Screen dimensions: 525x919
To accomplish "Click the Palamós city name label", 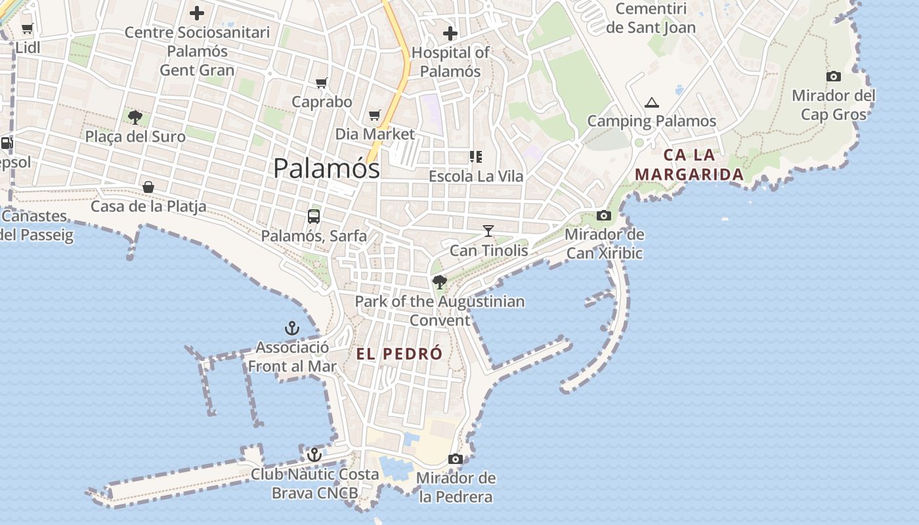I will (x=326, y=169).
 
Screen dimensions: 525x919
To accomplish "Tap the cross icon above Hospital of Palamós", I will (x=450, y=33).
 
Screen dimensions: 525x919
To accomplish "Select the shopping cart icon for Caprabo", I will (x=322, y=83).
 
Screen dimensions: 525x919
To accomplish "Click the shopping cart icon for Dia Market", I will (x=375, y=115).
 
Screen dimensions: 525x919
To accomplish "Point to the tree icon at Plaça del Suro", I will (x=135, y=117).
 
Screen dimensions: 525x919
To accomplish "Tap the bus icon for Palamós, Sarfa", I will (x=314, y=217).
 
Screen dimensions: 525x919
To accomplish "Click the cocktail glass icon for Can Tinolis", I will (x=488, y=231).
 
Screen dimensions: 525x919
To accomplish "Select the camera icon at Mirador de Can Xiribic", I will (x=604, y=215).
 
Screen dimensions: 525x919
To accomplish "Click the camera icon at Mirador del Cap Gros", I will (x=834, y=77).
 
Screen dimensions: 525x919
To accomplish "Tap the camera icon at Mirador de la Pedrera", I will (x=456, y=459).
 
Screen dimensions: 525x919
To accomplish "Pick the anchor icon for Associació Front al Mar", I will (x=292, y=328).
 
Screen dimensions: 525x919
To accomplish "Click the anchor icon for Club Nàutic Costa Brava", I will (x=314, y=454).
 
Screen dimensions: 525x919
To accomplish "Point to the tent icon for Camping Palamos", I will (x=651, y=102).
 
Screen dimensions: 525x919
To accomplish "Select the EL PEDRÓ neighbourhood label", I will (x=399, y=354).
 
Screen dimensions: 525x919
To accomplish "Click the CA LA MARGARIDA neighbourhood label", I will (x=689, y=165).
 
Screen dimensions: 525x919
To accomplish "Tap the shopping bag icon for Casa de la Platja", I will (x=149, y=188).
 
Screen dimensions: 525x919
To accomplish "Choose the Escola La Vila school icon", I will (x=476, y=157).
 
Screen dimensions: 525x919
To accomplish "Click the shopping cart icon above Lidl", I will (x=28, y=29).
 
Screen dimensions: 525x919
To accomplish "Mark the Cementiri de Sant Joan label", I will (x=651, y=18).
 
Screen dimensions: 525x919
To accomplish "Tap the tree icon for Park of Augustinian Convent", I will (x=440, y=282).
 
